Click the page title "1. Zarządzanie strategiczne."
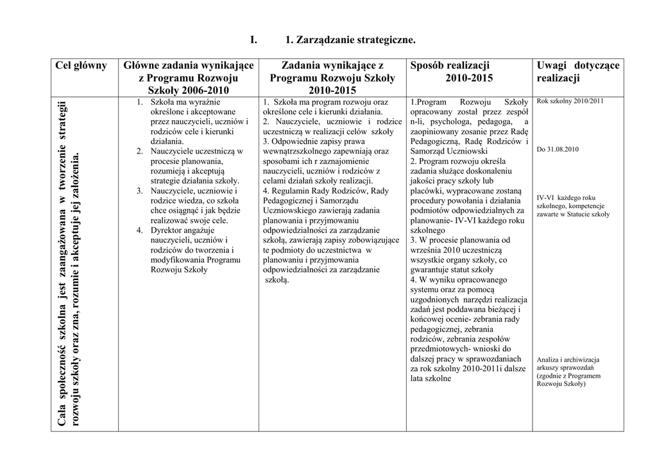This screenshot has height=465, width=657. click(x=350, y=40)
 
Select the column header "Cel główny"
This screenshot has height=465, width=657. click(x=81, y=66)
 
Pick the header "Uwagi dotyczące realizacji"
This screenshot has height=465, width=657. click(x=578, y=71)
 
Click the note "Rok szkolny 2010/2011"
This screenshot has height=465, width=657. click(x=570, y=101)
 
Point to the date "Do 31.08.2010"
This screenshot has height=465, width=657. click(x=558, y=149)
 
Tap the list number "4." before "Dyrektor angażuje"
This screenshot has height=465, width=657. click(x=139, y=230)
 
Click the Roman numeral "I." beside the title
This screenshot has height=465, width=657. click(x=253, y=40)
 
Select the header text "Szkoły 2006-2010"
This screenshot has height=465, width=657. click(x=188, y=90)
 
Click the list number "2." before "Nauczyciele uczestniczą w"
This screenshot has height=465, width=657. click(x=139, y=151)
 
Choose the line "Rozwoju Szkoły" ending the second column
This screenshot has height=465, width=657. click(x=179, y=269)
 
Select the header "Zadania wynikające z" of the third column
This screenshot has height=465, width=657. click(x=332, y=66)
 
